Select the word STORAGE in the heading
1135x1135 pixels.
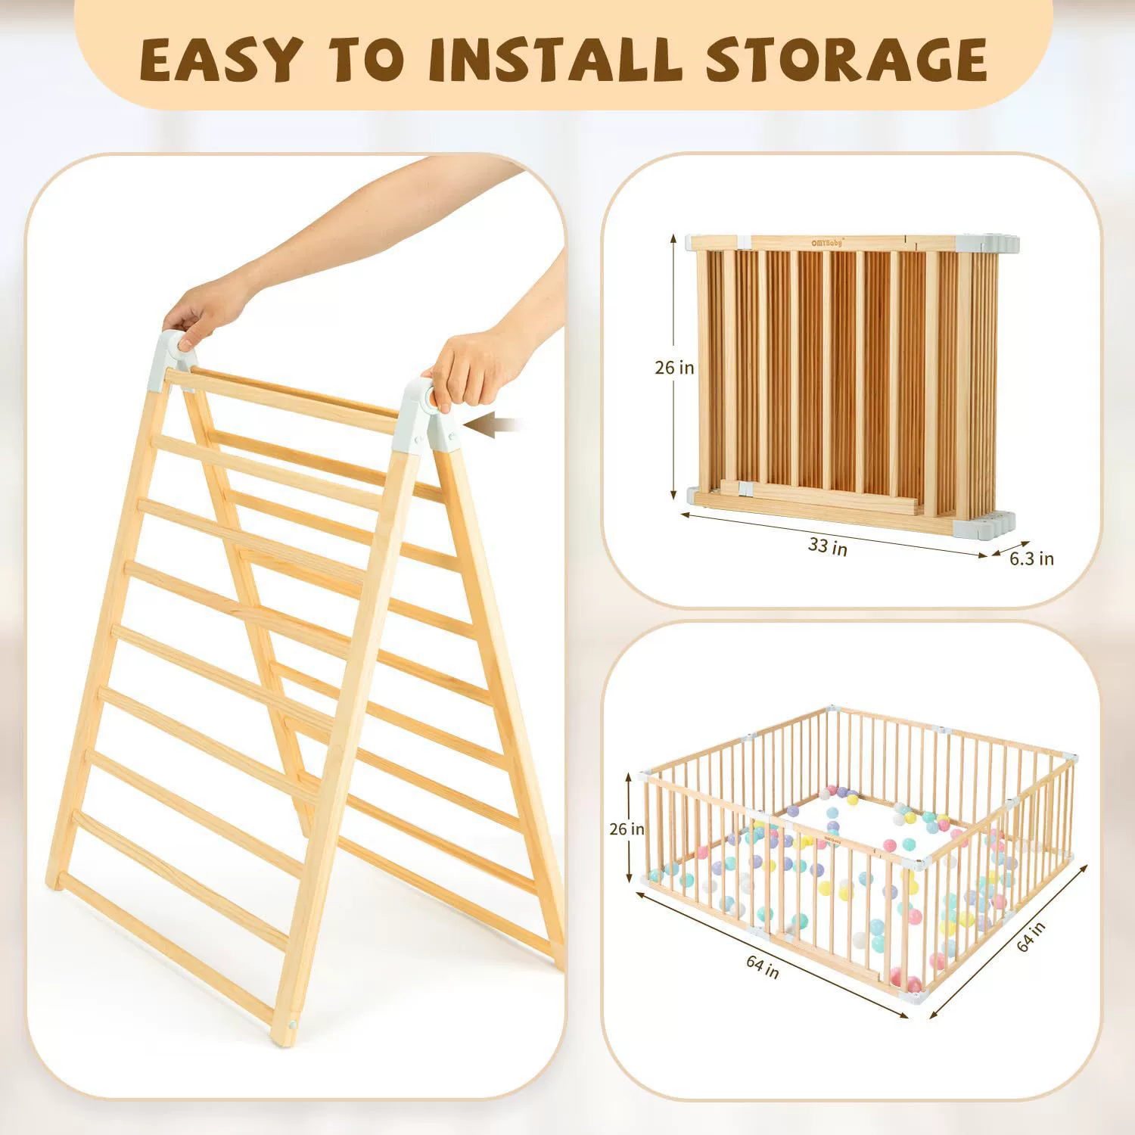pyautogui.click(x=846, y=58)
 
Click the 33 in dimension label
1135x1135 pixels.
pyautogui.click(x=828, y=545)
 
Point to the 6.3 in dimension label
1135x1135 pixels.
pyautogui.click(x=1032, y=558)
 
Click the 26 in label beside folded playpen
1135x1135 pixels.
pyautogui.click(x=674, y=368)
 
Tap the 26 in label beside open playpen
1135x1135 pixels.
pyautogui.click(x=627, y=829)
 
